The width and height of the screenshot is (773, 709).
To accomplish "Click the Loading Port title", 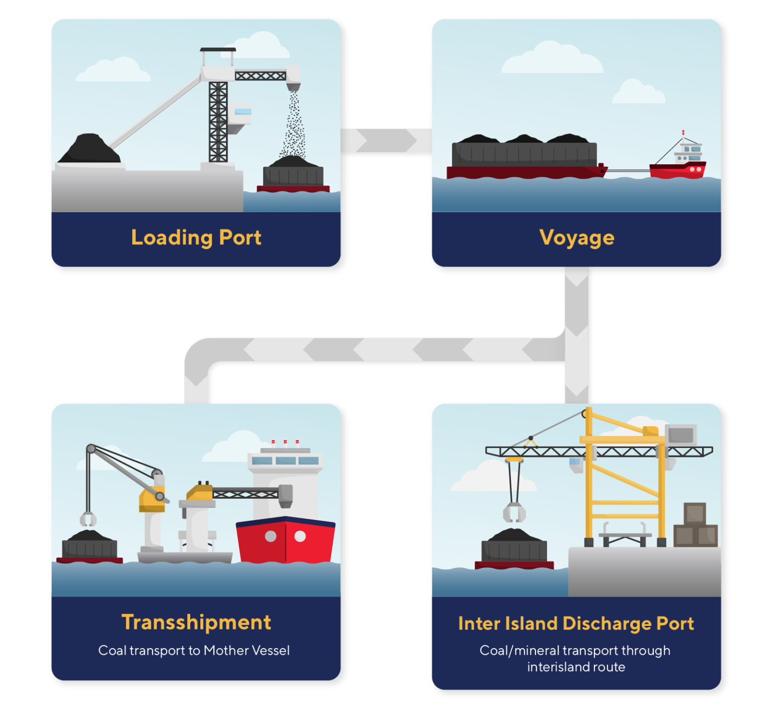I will click(196, 237).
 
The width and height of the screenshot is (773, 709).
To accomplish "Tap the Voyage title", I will click(576, 237).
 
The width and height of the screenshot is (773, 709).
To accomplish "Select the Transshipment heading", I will click(196, 622).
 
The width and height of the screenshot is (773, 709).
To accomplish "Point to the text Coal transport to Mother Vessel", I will click(194, 651).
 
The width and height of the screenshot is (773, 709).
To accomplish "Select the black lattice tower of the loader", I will click(218, 121).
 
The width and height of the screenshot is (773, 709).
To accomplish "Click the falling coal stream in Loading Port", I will click(293, 126).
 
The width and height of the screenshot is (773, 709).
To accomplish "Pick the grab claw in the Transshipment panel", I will click(88, 519).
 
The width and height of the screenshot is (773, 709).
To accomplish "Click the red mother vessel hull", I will click(285, 542).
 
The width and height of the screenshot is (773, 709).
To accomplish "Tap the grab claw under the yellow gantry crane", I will click(514, 512).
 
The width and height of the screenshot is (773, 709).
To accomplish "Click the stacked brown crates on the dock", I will click(695, 527).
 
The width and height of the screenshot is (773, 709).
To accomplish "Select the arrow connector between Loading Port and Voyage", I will click(386, 140).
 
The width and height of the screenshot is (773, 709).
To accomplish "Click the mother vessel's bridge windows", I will click(285, 461).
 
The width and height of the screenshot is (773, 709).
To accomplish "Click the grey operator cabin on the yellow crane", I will click(681, 434).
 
